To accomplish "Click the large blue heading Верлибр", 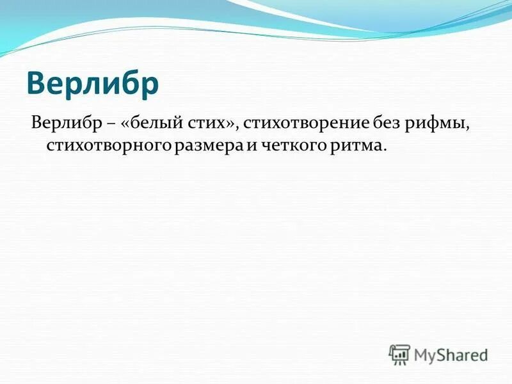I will click(x=93, y=84).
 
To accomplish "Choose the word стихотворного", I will click(x=108, y=147).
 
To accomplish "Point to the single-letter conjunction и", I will click(x=252, y=147).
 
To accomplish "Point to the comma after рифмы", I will click(x=468, y=127).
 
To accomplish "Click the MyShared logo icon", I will click(x=399, y=354).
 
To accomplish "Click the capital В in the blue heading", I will click(x=38, y=84).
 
